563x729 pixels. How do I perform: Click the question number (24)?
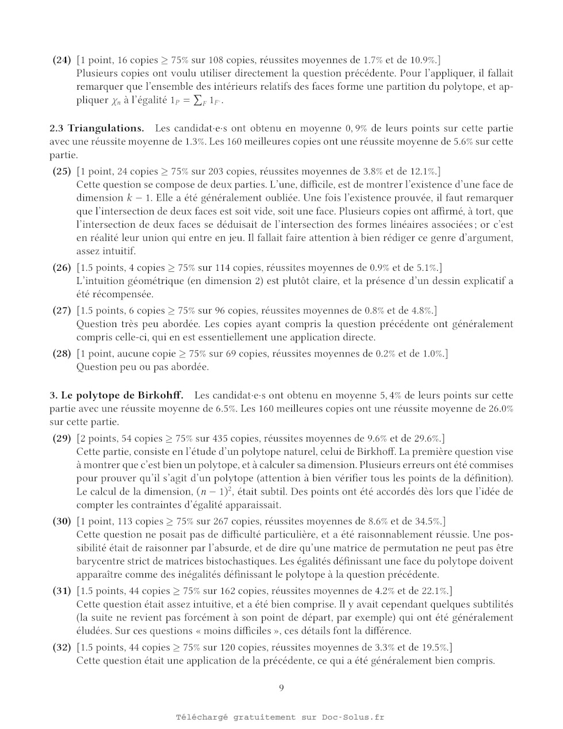[x=61, y=60]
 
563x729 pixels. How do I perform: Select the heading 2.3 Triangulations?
[x=97, y=128]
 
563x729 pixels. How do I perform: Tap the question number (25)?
[x=61, y=171]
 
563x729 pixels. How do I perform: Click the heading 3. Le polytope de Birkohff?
[x=116, y=396]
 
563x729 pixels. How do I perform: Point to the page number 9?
[x=281, y=688]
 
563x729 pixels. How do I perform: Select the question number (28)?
[x=61, y=354]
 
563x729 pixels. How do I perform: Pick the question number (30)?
[x=61, y=521]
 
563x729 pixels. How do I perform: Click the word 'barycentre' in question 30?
[x=99, y=562]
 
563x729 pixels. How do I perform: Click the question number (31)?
[x=61, y=591]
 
